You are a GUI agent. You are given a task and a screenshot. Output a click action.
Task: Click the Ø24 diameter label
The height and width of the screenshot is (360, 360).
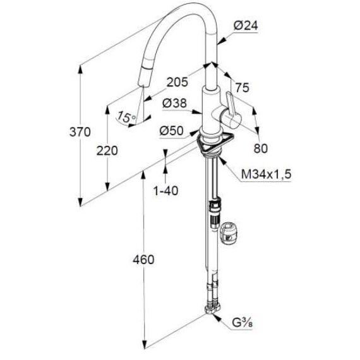pyautogui.click(x=246, y=25)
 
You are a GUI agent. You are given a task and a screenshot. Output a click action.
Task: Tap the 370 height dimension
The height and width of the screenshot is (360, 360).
pyautogui.click(x=80, y=132)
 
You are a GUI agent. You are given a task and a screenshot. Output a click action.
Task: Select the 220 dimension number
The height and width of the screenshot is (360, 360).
pyautogui.click(x=107, y=151)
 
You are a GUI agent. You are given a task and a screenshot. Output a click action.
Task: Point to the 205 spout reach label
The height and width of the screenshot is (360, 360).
pyautogui.click(x=177, y=82)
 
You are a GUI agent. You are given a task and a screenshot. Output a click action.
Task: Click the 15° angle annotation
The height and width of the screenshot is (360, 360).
pyautogui.click(x=126, y=117)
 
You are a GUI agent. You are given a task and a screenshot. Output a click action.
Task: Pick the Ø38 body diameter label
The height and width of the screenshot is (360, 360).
pyautogui.click(x=174, y=103)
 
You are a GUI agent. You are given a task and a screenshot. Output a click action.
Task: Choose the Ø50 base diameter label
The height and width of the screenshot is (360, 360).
pyautogui.click(x=172, y=131)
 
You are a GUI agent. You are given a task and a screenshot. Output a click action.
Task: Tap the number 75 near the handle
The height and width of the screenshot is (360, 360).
pyautogui.click(x=243, y=88)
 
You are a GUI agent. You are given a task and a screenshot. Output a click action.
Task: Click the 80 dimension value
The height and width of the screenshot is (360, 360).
pyautogui.click(x=261, y=148)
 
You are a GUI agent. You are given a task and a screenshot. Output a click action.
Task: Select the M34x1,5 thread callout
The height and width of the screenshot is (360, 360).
pyautogui.click(x=266, y=174)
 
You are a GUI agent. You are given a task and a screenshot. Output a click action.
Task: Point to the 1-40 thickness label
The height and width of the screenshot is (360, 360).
pyautogui.click(x=165, y=191)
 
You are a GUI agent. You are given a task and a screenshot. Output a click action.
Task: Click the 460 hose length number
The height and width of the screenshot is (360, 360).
pyautogui.click(x=143, y=260)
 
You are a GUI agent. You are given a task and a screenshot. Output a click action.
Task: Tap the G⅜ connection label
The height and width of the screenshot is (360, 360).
pyautogui.click(x=243, y=323)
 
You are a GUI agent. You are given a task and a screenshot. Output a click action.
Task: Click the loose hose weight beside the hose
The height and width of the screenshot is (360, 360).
pyautogui.click(x=228, y=235)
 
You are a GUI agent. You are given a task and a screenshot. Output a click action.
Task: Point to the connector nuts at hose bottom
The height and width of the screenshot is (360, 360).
pyautogui.click(x=213, y=309)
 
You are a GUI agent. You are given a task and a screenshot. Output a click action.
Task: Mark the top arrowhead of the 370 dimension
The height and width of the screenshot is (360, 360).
pyautogui.click(x=80, y=69)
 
